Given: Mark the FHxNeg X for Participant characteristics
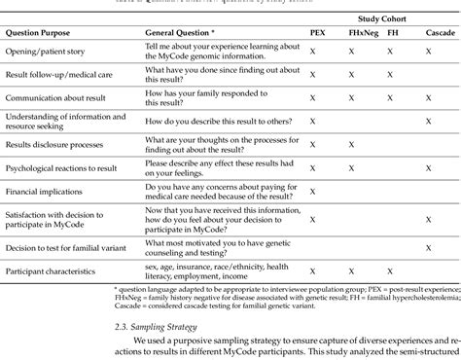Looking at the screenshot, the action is pos(350,264).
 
